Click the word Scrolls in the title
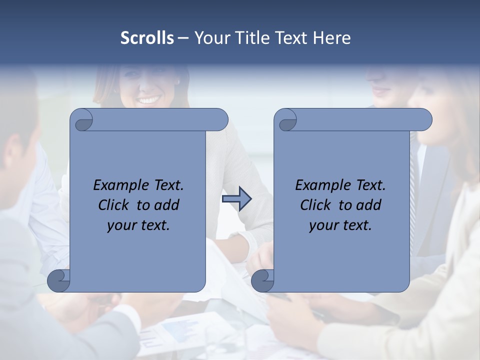[x=147, y=38]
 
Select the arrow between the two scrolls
[x=236, y=199]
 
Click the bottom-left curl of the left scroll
[x=59, y=280]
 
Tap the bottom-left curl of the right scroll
[x=263, y=280]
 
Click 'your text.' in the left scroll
[x=138, y=225]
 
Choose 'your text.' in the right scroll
[x=340, y=225]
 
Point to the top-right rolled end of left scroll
[x=220, y=120]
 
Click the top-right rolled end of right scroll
[x=424, y=120]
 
